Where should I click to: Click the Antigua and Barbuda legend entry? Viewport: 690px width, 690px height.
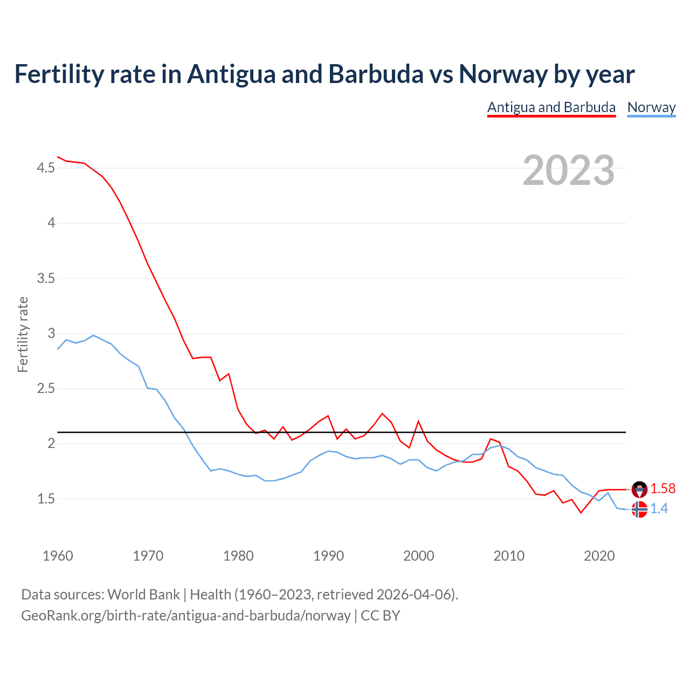click(x=551, y=107)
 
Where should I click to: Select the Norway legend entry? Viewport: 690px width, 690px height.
click(x=651, y=107)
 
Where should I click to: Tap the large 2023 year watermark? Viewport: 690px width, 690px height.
click(x=568, y=170)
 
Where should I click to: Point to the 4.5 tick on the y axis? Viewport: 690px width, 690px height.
click(x=46, y=168)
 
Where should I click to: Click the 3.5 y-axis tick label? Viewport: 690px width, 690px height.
click(x=46, y=279)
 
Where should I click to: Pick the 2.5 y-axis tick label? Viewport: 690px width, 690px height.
click(x=46, y=389)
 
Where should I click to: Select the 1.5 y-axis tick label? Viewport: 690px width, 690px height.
click(x=46, y=499)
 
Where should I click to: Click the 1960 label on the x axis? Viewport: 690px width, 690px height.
click(x=58, y=556)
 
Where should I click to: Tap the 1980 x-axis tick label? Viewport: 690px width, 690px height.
click(x=238, y=556)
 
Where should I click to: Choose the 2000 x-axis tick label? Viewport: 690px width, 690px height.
click(x=418, y=556)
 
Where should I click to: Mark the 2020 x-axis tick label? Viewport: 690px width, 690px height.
click(x=599, y=556)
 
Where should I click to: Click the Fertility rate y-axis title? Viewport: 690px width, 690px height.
click(x=23, y=334)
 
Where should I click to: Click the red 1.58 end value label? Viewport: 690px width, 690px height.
click(x=663, y=488)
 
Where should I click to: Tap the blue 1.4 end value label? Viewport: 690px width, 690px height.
click(x=659, y=508)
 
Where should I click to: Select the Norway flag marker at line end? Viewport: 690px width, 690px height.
click(x=639, y=509)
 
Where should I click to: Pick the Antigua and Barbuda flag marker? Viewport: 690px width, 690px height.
click(x=639, y=489)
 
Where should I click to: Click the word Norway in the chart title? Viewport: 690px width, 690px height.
click(x=503, y=74)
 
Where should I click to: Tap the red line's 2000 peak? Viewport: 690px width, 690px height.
click(x=418, y=421)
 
